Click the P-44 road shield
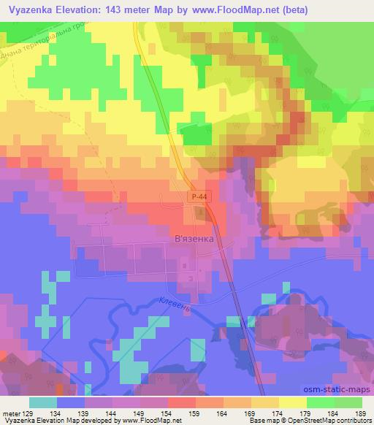(195, 197)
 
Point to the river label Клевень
(175, 303)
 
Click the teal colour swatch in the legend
(43, 402)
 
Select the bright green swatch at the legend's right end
(348, 402)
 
